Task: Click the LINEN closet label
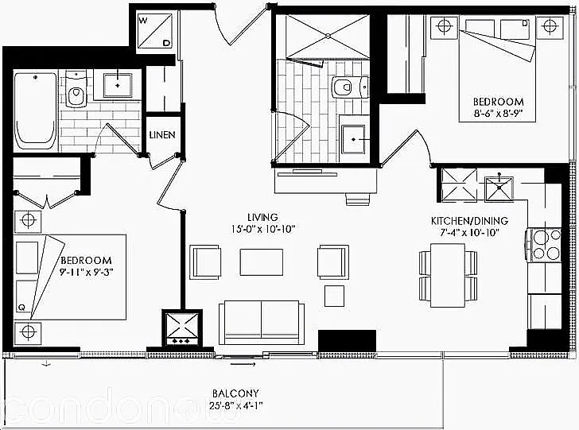point(162,134)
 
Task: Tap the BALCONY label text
point(236,393)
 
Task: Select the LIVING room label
point(262,217)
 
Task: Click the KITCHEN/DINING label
point(469,220)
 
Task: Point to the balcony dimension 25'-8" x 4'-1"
point(236,407)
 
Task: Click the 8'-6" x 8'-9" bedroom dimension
point(499,114)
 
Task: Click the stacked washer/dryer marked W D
point(154,30)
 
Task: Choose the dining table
point(447,275)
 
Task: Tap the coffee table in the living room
point(262,261)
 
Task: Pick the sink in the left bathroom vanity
point(117,83)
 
